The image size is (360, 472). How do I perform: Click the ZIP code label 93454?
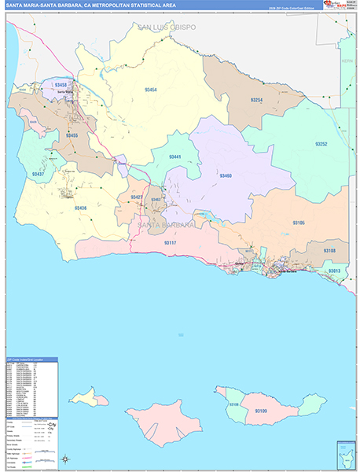pyautogui.click(x=150, y=90)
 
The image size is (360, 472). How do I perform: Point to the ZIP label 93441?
pyautogui.click(x=174, y=157)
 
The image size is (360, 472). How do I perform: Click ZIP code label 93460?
pyautogui.click(x=226, y=175)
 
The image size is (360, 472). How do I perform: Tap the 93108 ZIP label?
pyautogui.click(x=329, y=250)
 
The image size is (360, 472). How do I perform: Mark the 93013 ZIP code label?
pyautogui.click(x=335, y=271)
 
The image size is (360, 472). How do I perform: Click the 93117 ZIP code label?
pyautogui.click(x=171, y=243)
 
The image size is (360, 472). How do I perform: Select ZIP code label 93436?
pyautogui.click(x=81, y=208)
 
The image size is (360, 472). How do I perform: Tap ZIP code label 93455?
pyautogui.click(x=72, y=136)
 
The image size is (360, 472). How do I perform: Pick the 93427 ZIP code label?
pyautogui.click(x=137, y=197)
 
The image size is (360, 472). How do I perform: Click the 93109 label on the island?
pyautogui.click(x=261, y=411)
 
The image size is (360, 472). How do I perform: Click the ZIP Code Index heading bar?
pyautogui.click(x=31, y=360)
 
